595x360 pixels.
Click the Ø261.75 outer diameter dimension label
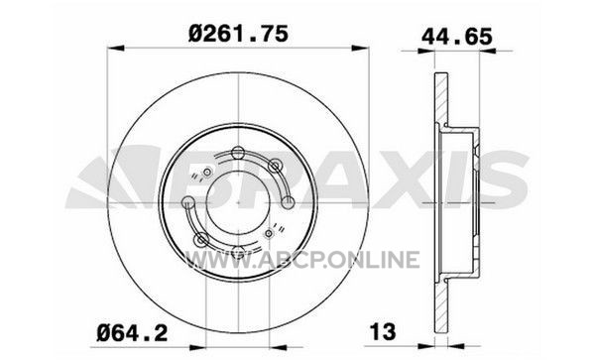(238, 35)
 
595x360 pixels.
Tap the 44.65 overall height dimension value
(457, 37)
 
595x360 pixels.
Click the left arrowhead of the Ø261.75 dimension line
(116, 49)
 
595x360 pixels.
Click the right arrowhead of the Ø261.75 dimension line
(360, 49)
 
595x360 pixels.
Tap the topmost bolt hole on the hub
(238, 153)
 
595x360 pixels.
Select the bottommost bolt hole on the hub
(238, 252)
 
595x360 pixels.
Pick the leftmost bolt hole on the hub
(188, 202)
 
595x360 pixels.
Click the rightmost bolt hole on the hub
(288, 202)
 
